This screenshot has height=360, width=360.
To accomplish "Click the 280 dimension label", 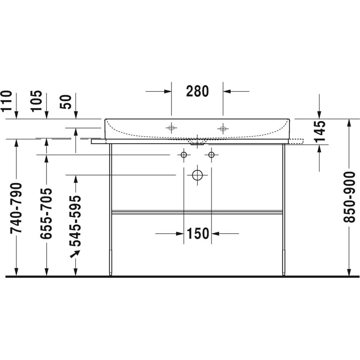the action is pyautogui.click(x=197, y=91).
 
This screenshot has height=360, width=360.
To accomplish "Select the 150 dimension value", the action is pyautogui.click(x=198, y=234).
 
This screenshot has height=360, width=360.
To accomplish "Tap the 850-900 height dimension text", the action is pyautogui.click(x=349, y=197).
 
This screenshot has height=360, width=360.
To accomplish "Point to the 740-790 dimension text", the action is pyautogui.click(x=16, y=208).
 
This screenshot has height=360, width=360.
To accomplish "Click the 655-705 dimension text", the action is pyautogui.click(x=46, y=213).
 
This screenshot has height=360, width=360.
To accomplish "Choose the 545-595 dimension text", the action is pyautogui.click(x=76, y=221).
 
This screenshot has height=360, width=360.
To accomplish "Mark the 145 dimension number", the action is pyautogui.click(x=320, y=131).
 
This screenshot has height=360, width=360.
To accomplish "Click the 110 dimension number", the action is pyautogui.click(x=6, y=101).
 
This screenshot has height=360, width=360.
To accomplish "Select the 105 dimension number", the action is pyautogui.click(x=37, y=101).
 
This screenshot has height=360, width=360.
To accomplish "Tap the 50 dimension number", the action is pyautogui.click(x=66, y=102).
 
